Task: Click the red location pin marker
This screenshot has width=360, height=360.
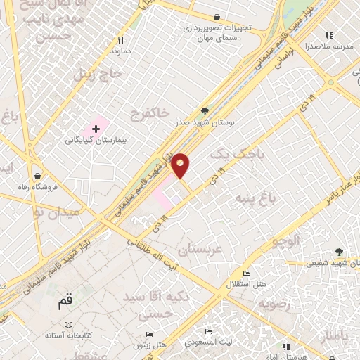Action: tap(181, 165)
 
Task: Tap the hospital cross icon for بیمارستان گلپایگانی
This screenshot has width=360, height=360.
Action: tap(96, 129)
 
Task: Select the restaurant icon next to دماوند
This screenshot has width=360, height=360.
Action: tap(121, 40)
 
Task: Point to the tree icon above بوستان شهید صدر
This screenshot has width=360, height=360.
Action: tap(205, 111)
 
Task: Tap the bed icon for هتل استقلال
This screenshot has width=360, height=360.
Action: tap(245, 274)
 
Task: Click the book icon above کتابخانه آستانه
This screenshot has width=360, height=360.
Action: tap(68, 326)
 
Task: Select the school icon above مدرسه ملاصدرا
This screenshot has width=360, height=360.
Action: tap(328, 35)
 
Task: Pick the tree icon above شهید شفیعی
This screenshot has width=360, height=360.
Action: tap(339, 251)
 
